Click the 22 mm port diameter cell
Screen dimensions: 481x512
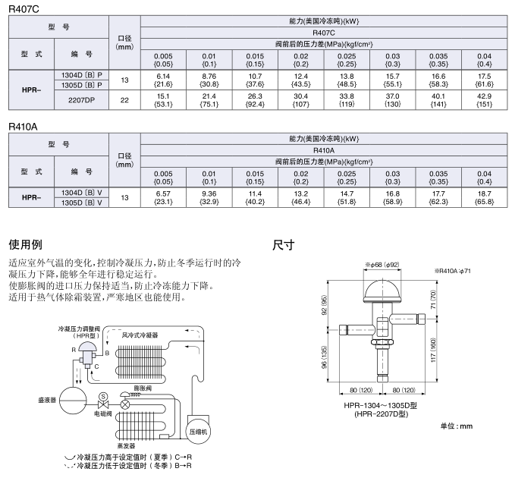click(124, 100)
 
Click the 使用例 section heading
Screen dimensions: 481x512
click(26, 245)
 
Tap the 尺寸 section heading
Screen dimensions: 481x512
click(283, 245)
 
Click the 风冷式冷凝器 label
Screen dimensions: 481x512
click(140, 335)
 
